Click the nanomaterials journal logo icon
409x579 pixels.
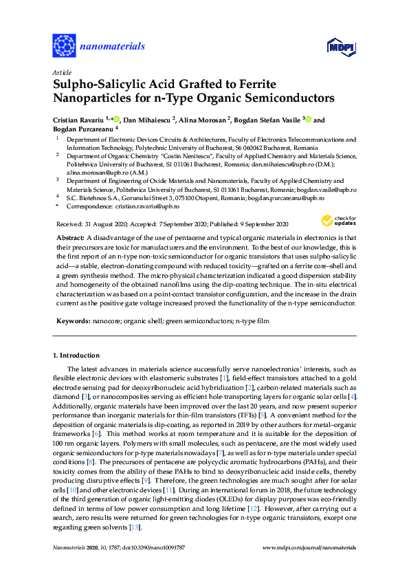coord(64,46)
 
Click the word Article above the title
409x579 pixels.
coord(61,72)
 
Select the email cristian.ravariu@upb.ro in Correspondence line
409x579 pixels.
coord(146,206)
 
